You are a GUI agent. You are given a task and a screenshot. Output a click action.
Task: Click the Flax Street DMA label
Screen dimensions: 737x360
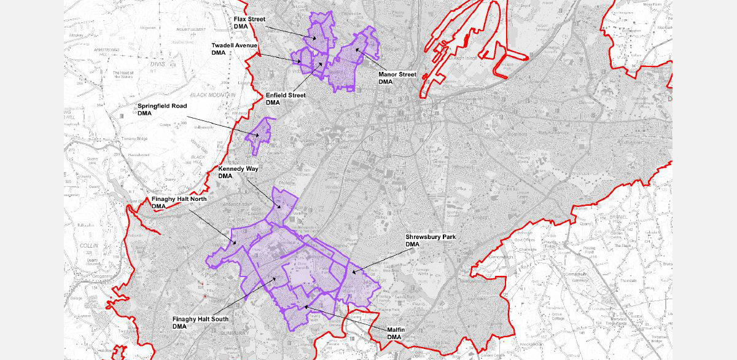(x=249, y=23)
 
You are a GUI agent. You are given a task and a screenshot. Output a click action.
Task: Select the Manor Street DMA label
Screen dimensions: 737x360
(x=397, y=78)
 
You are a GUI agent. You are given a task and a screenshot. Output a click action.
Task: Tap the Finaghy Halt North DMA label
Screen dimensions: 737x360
(x=179, y=203)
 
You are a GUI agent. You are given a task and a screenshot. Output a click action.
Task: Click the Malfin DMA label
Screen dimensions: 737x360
(x=395, y=334)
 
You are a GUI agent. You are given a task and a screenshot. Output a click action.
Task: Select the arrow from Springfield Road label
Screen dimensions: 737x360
(x=221, y=125)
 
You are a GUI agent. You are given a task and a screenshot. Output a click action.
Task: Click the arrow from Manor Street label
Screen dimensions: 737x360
(x=369, y=60)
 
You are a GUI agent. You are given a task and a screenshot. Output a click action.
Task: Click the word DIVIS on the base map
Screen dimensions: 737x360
(x=158, y=63)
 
